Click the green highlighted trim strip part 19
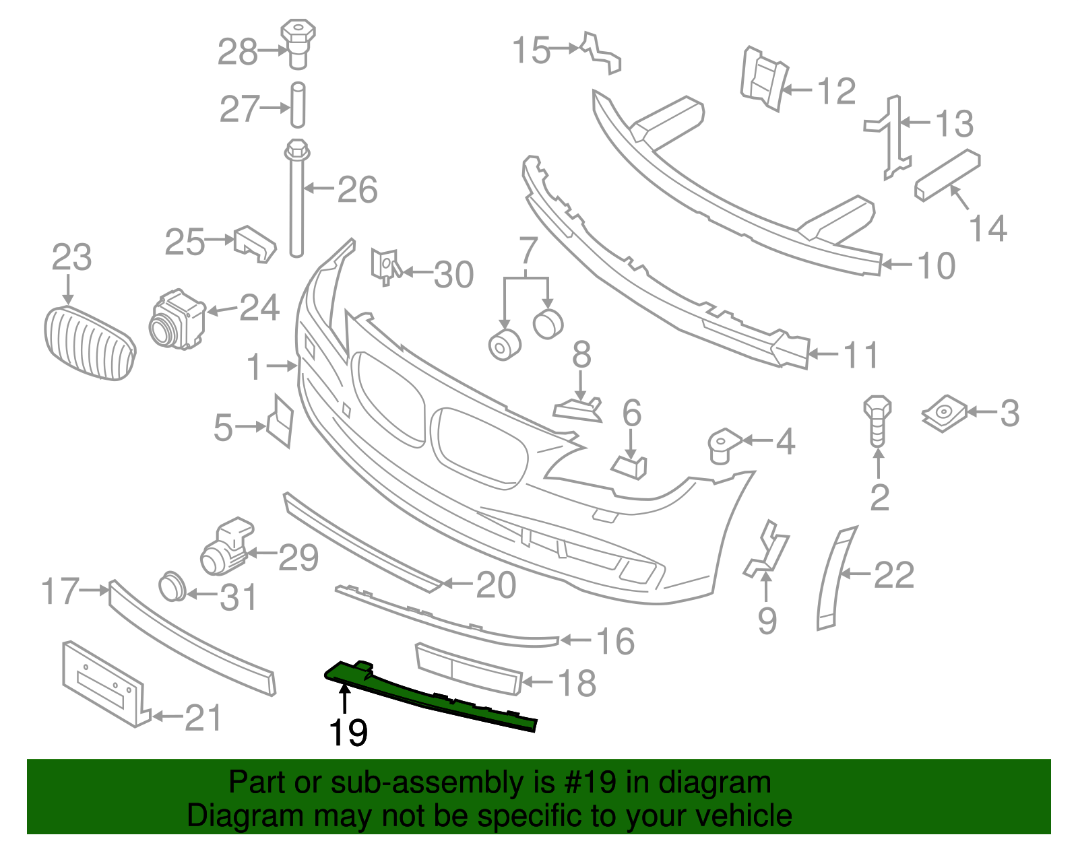tap(431, 697)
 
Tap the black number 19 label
tap(348, 733)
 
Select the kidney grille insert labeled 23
tap(90, 343)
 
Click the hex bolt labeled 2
tap(877, 421)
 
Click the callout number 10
tap(937, 266)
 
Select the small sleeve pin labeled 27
tap(298, 106)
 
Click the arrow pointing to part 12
tap(797, 90)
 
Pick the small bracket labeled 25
tap(254, 244)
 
